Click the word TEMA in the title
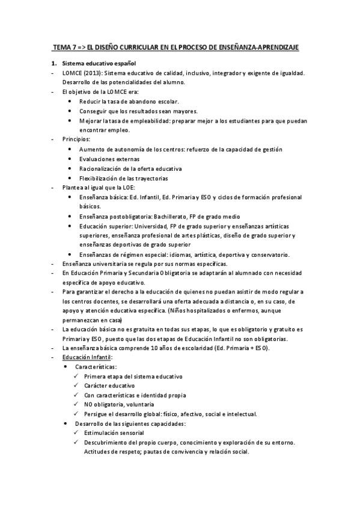(x=63, y=46)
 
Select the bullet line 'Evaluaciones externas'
(x=109, y=159)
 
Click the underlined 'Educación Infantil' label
(x=87, y=357)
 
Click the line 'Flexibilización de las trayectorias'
(x=124, y=178)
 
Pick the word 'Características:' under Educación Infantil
(x=96, y=366)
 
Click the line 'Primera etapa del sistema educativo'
(x=133, y=376)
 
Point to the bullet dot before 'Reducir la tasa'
(x=72, y=102)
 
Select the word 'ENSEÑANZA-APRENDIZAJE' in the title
(x=265, y=46)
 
